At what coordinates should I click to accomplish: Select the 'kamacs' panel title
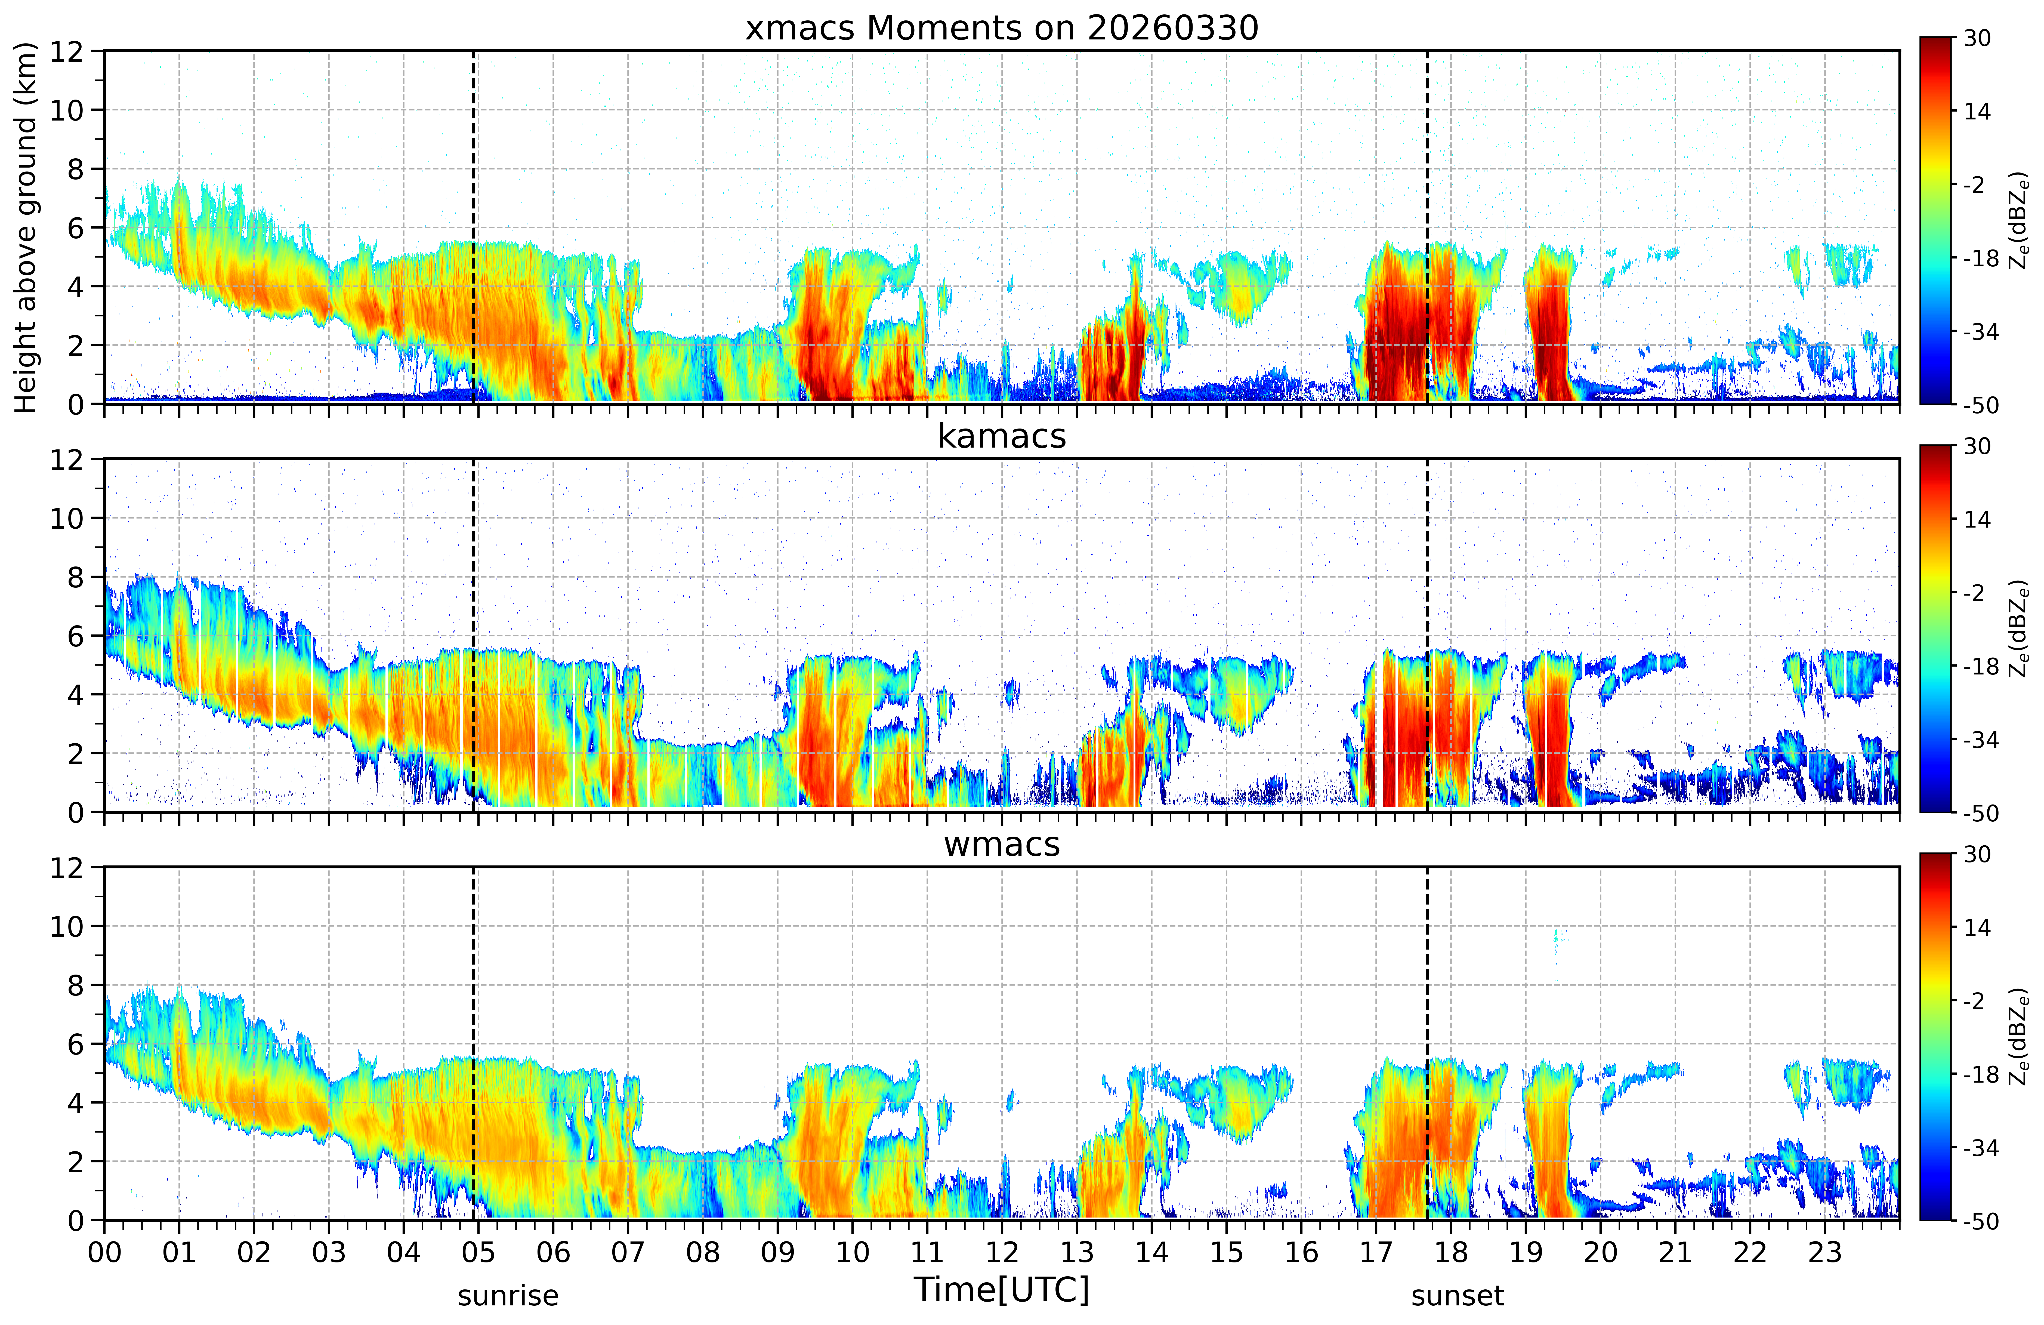(1001, 436)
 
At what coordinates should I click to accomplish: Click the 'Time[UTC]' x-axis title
(1001, 1290)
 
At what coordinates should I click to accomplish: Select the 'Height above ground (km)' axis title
(26, 227)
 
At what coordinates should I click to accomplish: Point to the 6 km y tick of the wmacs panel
(76, 1044)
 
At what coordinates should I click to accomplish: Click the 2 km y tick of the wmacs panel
(76, 1161)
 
